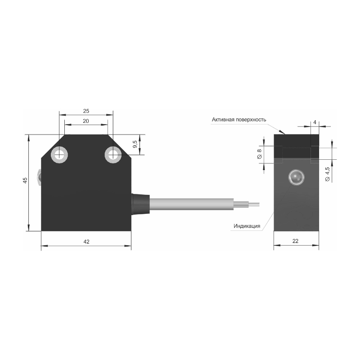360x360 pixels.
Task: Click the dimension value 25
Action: tap(86, 111)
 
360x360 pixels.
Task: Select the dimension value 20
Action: tap(86, 121)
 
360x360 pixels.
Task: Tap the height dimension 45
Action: tap(25, 180)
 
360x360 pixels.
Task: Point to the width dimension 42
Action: tap(86, 242)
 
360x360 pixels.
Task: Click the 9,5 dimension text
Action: tap(135, 144)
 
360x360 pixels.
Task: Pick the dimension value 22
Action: tap(296, 241)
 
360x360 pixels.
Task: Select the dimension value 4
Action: tap(315, 122)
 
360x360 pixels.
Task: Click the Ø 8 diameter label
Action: tap(260, 154)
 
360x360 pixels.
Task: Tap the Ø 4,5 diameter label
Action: tap(328, 174)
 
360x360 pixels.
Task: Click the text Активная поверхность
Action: tap(239, 120)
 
